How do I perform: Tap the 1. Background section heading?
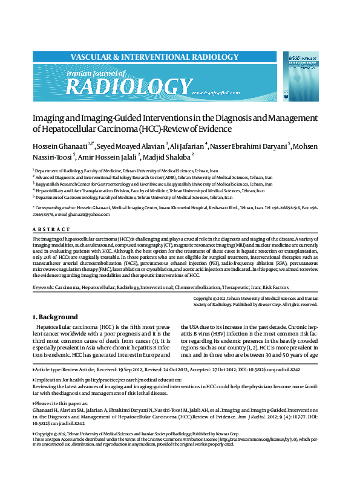(55, 317)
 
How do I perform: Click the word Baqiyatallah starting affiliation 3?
(50, 184)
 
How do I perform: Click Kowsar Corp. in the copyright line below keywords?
(255, 305)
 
